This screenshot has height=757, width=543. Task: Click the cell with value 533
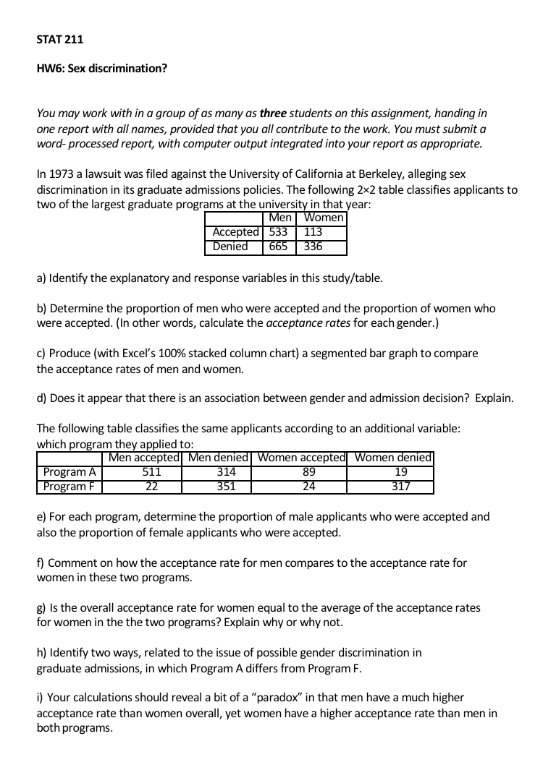[x=279, y=232]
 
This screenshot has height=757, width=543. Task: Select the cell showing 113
[x=313, y=232]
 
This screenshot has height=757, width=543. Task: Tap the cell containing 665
[x=279, y=247]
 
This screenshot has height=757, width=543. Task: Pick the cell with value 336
[x=313, y=247]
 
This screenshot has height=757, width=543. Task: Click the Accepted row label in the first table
[x=235, y=232]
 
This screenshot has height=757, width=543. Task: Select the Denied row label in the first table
[x=230, y=247]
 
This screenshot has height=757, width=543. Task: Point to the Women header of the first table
[x=324, y=218]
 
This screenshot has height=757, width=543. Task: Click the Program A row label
[x=70, y=472]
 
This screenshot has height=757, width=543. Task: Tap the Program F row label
[x=70, y=486]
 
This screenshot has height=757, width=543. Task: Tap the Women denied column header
[x=393, y=458]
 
